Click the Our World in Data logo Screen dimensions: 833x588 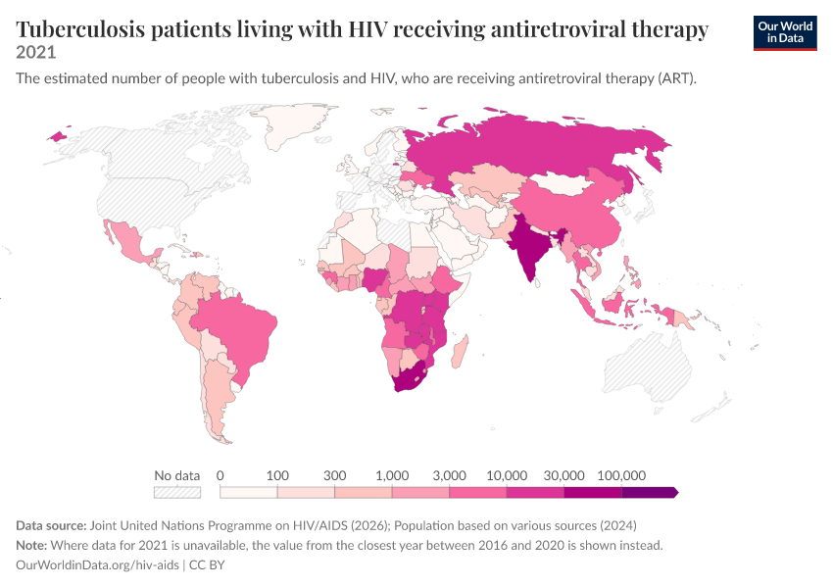(785, 33)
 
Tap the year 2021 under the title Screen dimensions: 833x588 (35, 52)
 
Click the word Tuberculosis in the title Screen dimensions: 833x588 (80, 29)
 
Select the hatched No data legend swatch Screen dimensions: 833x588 (177, 493)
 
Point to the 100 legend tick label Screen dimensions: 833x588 (277, 475)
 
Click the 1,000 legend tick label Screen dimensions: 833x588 (392, 475)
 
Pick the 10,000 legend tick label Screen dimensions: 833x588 (507, 475)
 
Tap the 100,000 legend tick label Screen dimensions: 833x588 (621, 475)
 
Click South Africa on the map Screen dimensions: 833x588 (409, 378)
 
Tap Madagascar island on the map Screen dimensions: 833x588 (460, 352)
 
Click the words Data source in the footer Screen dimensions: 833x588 (51, 525)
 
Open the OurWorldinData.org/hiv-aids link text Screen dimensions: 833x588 (97, 564)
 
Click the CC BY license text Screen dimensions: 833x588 (207, 564)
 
